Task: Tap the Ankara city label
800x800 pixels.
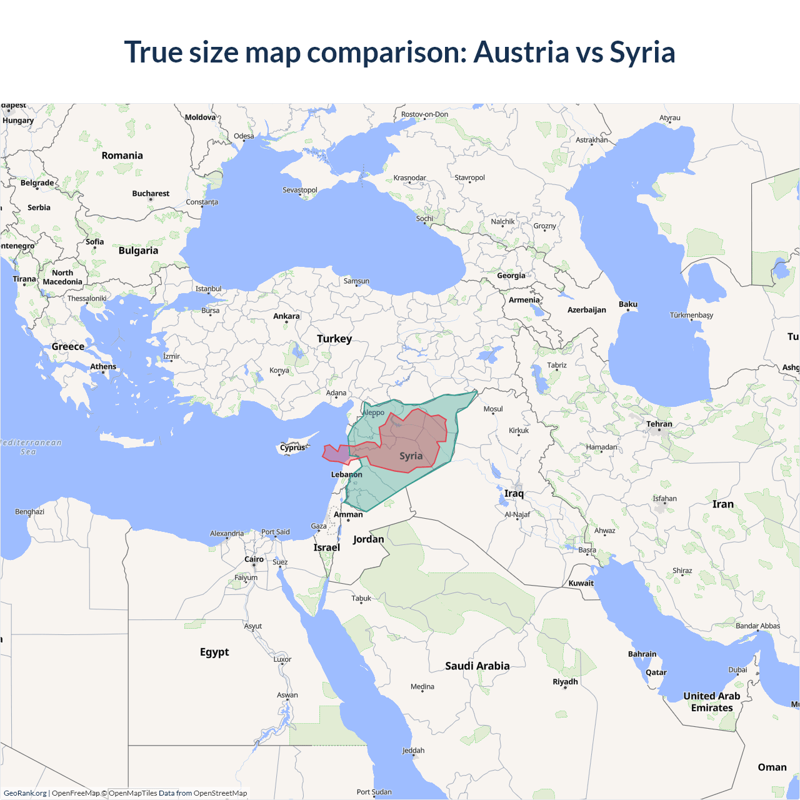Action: click(286, 316)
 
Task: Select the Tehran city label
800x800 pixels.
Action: click(659, 424)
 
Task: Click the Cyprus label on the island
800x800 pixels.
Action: click(292, 447)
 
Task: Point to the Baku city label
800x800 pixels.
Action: click(627, 304)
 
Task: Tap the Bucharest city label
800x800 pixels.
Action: click(151, 194)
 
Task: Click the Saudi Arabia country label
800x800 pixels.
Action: click(477, 666)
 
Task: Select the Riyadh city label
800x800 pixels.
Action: click(565, 682)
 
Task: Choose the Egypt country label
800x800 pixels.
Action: click(214, 652)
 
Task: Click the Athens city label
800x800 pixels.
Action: click(103, 367)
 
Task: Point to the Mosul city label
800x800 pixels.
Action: click(493, 409)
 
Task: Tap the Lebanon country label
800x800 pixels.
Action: click(346, 474)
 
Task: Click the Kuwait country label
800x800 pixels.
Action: click(581, 583)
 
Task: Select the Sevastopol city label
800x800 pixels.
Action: click(300, 190)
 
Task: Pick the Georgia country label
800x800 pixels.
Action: click(511, 276)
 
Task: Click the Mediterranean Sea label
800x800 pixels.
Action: click(30, 447)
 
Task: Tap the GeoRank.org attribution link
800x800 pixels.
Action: click(25, 793)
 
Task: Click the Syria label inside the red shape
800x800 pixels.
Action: click(411, 456)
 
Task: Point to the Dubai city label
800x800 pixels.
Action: click(737, 670)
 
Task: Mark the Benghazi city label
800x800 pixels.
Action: click(29, 512)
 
